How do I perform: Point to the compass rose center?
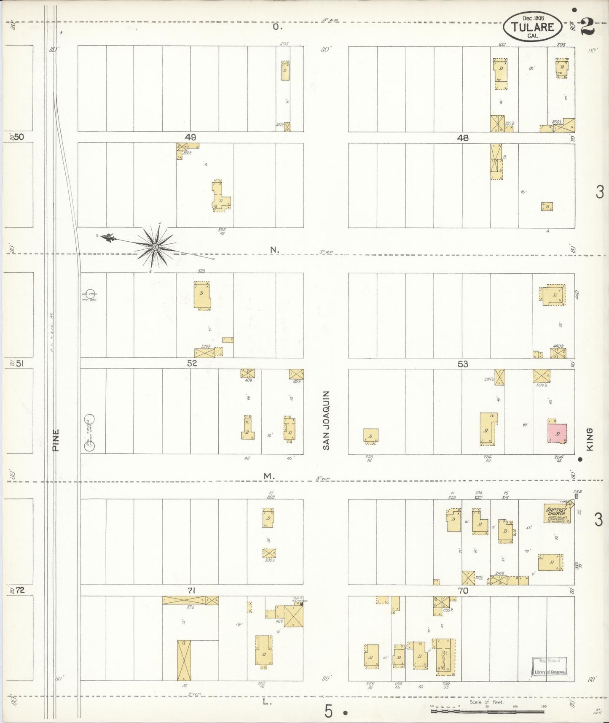pos(155,246)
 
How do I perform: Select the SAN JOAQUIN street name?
pos(326,420)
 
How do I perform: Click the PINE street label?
pos(56,440)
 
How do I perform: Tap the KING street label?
pos(589,439)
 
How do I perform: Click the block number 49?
pos(190,137)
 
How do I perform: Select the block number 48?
pos(463,138)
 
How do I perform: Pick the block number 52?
pos(192,363)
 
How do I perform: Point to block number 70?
pos(463,591)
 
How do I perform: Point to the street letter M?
pos(268,476)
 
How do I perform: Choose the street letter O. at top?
pos(276,27)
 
